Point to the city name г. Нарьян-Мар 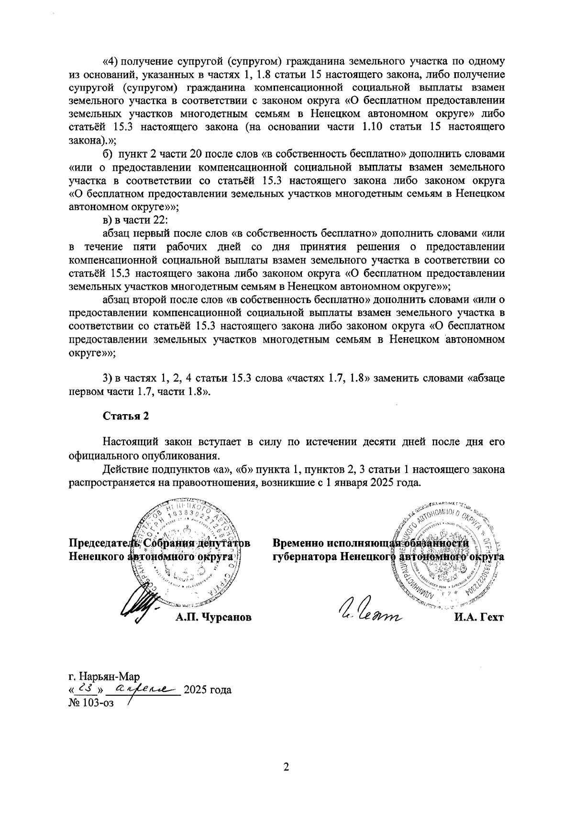pyautogui.click(x=104, y=677)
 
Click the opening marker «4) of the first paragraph pyautogui.click(x=111, y=62)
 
